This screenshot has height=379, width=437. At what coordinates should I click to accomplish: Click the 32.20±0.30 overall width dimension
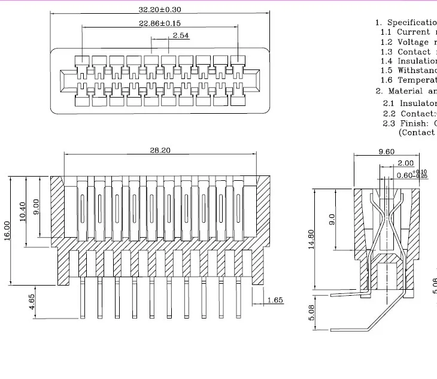(160, 10)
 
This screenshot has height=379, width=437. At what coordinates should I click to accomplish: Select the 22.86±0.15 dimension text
(160, 23)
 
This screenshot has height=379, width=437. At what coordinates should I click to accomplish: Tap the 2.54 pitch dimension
(181, 36)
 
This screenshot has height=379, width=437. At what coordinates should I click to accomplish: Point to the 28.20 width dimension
(160, 150)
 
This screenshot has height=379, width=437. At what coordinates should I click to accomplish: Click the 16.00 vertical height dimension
(8, 231)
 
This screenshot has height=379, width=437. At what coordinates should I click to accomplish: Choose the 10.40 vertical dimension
(23, 211)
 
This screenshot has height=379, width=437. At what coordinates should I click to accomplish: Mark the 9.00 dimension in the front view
(37, 207)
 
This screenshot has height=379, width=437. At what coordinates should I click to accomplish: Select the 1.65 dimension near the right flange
(275, 300)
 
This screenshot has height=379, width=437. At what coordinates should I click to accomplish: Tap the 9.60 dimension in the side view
(386, 152)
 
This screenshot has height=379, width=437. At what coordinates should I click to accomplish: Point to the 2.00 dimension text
(405, 163)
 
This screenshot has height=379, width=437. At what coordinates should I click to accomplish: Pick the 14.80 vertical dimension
(311, 241)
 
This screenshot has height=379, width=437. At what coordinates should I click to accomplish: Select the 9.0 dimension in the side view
(333, 219)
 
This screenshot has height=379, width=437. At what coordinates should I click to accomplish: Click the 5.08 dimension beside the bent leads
(311, 311)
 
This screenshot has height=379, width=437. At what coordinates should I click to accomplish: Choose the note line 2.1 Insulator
(409, 103)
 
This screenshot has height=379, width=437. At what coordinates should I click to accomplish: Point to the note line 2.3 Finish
(409, 123)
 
